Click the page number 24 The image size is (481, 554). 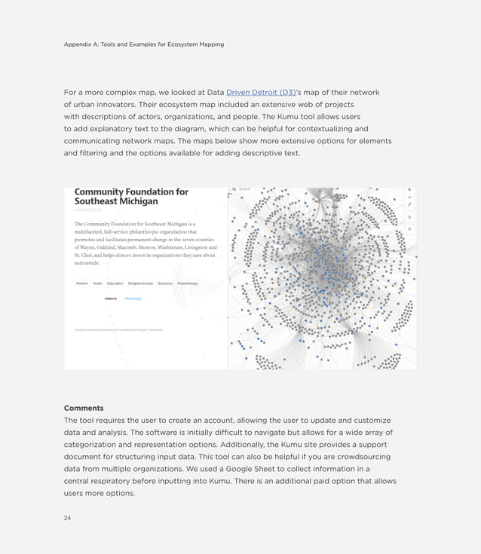click(x=67, y=518)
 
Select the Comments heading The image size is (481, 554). click(x=84, y=408)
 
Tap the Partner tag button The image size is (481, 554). click(x=81, y=283)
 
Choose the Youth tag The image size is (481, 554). click(x=97, y=283)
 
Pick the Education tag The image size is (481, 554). click(x=115, y=283)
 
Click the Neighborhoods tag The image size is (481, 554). click(x=140, y=283)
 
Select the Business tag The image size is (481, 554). click(x=165, y=283)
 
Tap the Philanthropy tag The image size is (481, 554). click(x=187, y=283)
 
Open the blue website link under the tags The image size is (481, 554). click(x=133, y=298)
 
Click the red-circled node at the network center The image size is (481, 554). click(x=323, y=278)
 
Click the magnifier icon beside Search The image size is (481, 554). click(x=234, y=189)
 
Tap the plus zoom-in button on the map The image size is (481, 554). click(x=409, y=189)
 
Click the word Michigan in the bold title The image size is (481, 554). click(x=138, y=202)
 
